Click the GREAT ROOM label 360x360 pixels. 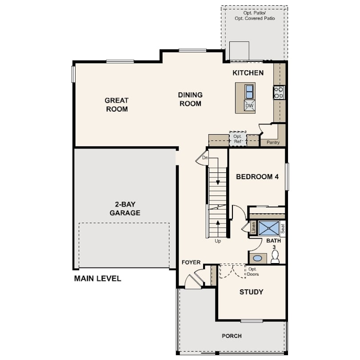[x=117, y=104]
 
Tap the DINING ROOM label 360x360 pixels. [x=190, y=99]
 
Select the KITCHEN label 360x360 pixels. [x=248, y=73]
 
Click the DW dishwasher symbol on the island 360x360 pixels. [x=249, y=106]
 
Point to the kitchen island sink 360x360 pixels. [x=249, y=91]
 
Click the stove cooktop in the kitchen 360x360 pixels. [x=279, y=92]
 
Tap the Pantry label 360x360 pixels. [x=270, y=142]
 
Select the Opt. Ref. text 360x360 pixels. [x=238, y=139]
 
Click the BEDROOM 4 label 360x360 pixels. [x=257, y=176]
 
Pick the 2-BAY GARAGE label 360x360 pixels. [x=125, y=209]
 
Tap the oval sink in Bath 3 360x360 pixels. [x=257, y=258]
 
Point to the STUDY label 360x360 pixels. [x=251, y=292]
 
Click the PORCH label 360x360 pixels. [x=232, y=336]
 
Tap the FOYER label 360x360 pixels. [x=191, y=263]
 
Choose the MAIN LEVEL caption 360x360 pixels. [x=97, y=279]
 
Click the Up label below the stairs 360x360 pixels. [x=218, y=241]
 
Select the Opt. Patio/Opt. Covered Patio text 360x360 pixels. [x=255, y=16]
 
